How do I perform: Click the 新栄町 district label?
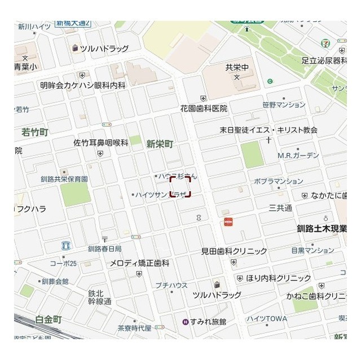tap(160, 144)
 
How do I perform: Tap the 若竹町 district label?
tap(35, 132)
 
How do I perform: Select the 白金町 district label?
tap(48, 319)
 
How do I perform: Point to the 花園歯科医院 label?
tap(204, 108)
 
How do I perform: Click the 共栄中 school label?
tap(237, 67)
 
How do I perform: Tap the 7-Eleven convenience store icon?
tap(326, 43)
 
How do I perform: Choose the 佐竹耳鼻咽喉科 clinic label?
tap(101, 143)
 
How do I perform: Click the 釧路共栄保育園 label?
tap(64, 179)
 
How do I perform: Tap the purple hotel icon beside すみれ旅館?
tap(185, 322)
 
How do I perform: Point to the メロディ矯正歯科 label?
tap(139, 263)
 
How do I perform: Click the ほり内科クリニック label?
tap(278, 278)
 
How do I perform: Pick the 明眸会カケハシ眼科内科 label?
tap(83, 85)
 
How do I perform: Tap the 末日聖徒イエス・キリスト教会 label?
tap(268, 130)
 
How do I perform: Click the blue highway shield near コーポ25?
tap(66, 245)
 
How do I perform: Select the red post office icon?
tap(228, 222)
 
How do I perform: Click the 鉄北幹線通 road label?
tap(96, 297)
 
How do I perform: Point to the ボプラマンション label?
tap(278, 181)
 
